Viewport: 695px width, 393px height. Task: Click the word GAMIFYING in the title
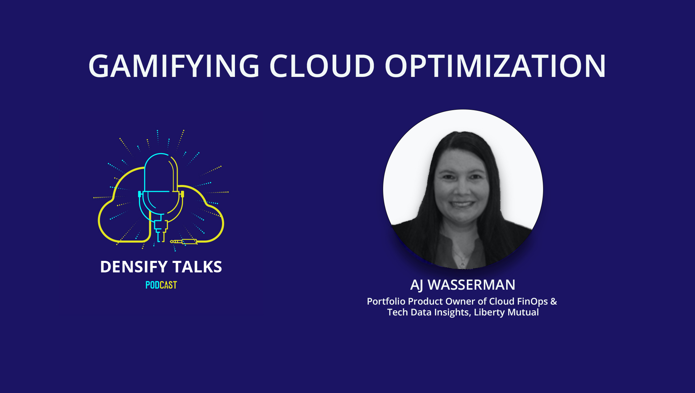pos(174,66)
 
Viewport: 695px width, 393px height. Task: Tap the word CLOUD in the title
pos(322,66)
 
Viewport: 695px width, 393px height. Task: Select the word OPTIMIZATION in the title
pos(495,66)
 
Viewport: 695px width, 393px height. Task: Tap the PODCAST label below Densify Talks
pos(161,285)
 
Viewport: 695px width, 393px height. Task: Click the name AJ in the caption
pos(417,285)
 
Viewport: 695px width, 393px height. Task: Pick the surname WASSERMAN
pos(472,285)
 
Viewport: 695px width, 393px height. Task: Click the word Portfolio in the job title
pos(386,302)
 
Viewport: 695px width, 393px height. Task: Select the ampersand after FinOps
pos(554,302)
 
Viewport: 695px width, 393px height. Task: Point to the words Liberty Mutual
pos(506,312)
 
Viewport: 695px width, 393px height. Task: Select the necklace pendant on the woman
pos(462,264)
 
